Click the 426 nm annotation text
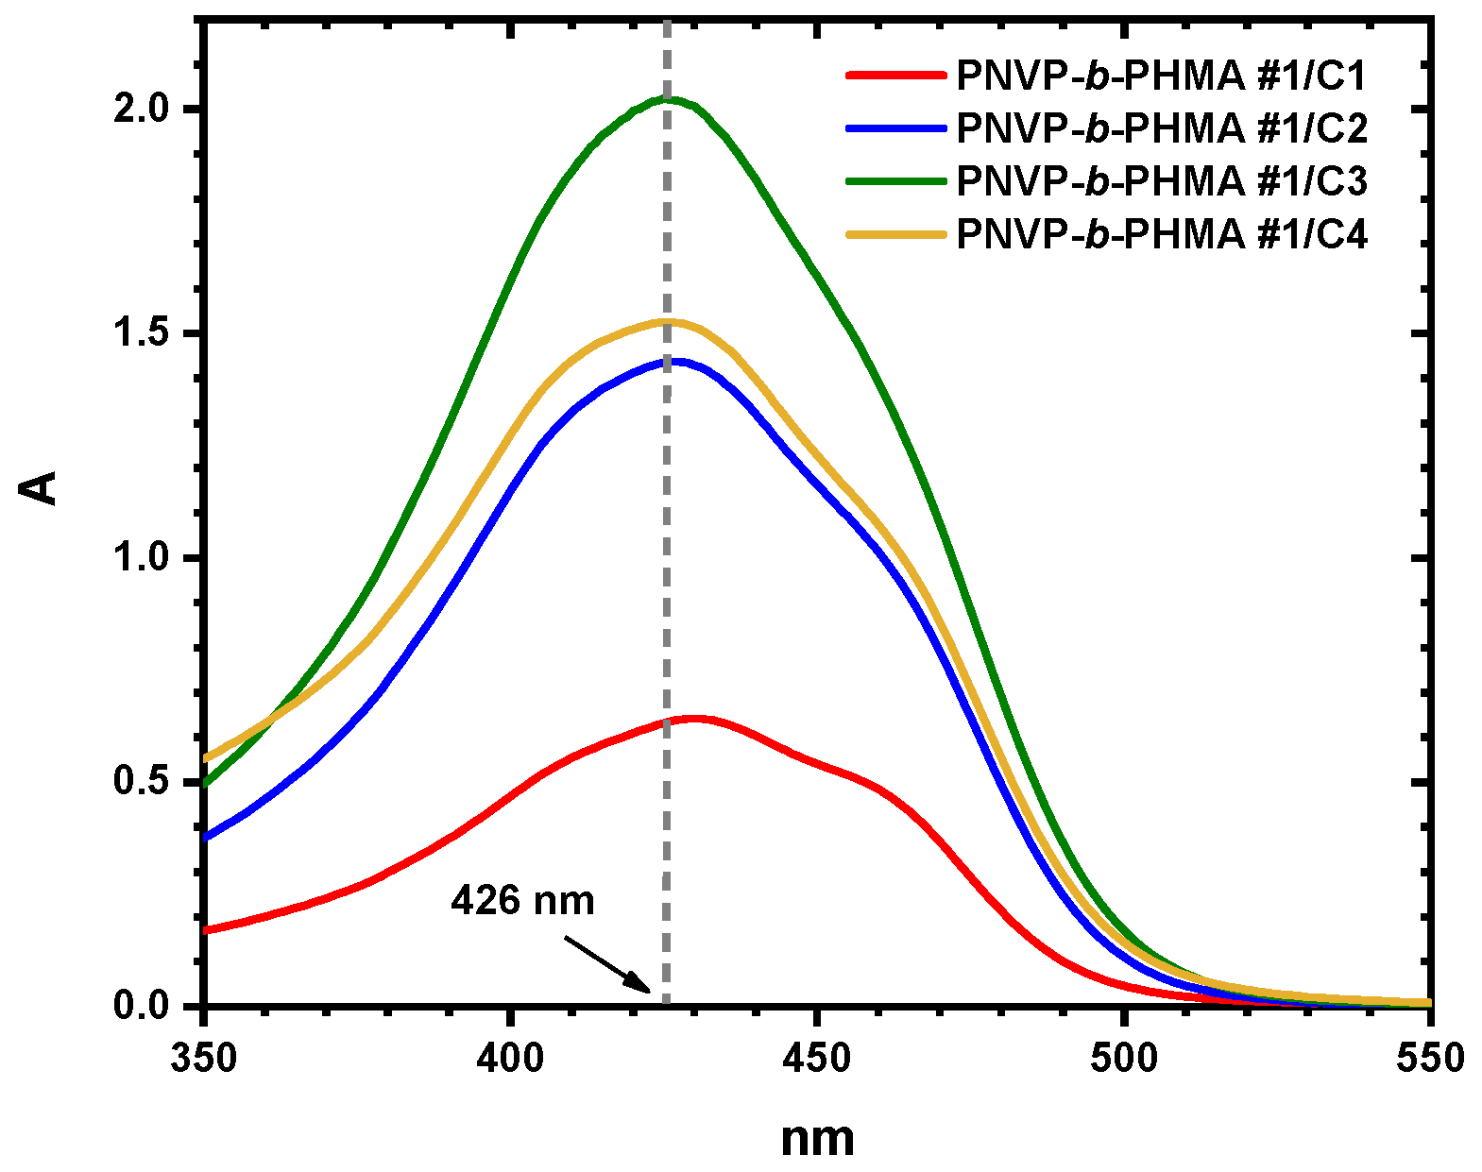522,900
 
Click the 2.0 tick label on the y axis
141,110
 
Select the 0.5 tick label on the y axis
141,782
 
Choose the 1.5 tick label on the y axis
141,334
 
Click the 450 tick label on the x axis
817,1058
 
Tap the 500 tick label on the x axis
1124,1058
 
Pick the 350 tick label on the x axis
204,1058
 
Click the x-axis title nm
817,1139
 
